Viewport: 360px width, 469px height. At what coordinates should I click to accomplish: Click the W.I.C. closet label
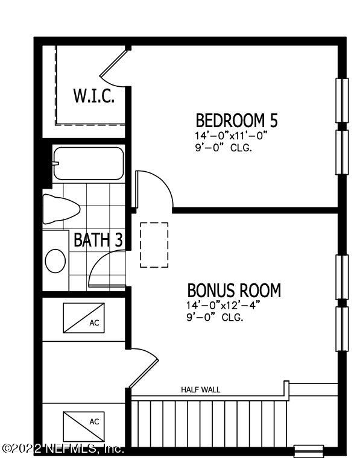coord(93,96)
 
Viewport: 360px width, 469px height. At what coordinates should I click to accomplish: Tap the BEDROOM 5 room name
coord(237,120)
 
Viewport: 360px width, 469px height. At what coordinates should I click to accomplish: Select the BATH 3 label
coord(98,239)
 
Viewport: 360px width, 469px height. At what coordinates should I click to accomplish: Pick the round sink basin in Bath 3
coord(56,262)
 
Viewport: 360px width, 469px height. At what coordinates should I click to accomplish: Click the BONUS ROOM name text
coord(234,291)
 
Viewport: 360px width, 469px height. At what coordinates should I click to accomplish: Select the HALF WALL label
coord(201,389)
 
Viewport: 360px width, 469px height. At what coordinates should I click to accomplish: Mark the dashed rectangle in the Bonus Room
coord(154,245)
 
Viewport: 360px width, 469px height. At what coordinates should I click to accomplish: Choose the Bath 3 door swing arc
coord(106,269)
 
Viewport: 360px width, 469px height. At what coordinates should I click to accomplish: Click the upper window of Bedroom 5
coord(342,100)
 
